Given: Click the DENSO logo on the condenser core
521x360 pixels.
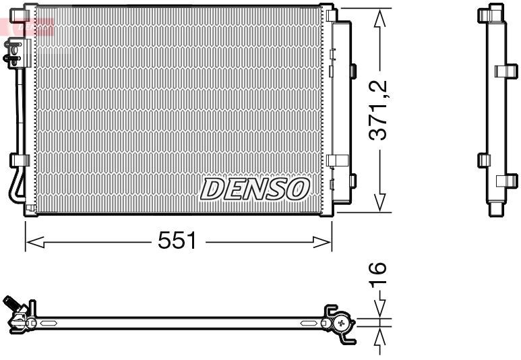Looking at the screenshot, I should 254,189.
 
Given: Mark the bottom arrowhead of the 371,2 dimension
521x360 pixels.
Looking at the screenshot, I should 380,202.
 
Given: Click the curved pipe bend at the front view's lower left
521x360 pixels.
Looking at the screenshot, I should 13,189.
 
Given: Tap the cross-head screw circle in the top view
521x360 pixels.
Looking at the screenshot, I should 342,324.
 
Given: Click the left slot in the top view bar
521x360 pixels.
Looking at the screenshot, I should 50,324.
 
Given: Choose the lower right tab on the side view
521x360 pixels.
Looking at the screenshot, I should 506,181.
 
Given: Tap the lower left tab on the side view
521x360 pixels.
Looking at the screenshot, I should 483,160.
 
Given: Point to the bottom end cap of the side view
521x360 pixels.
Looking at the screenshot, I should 495,210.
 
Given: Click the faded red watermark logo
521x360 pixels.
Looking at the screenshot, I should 27,26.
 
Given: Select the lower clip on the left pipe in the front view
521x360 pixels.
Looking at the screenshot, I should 19,160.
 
